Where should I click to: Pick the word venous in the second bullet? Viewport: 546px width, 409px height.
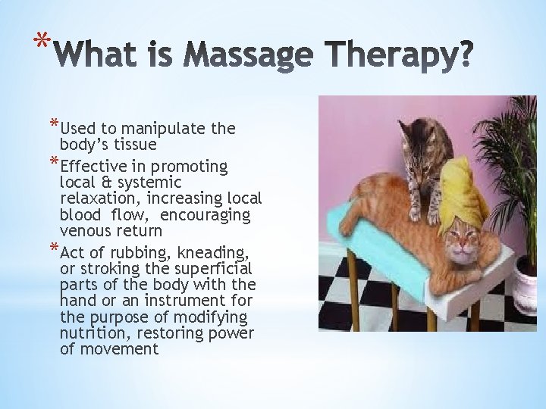tap(84, 230)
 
